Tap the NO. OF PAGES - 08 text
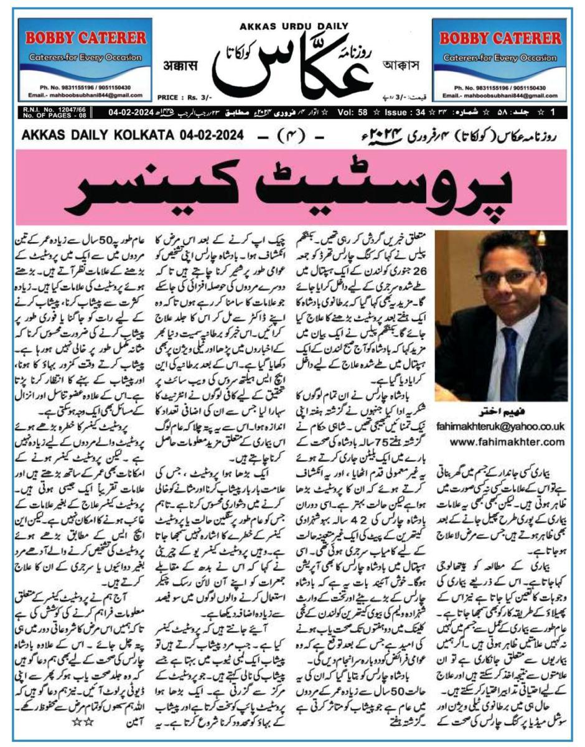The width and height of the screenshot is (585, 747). click(x=45, y=116)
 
